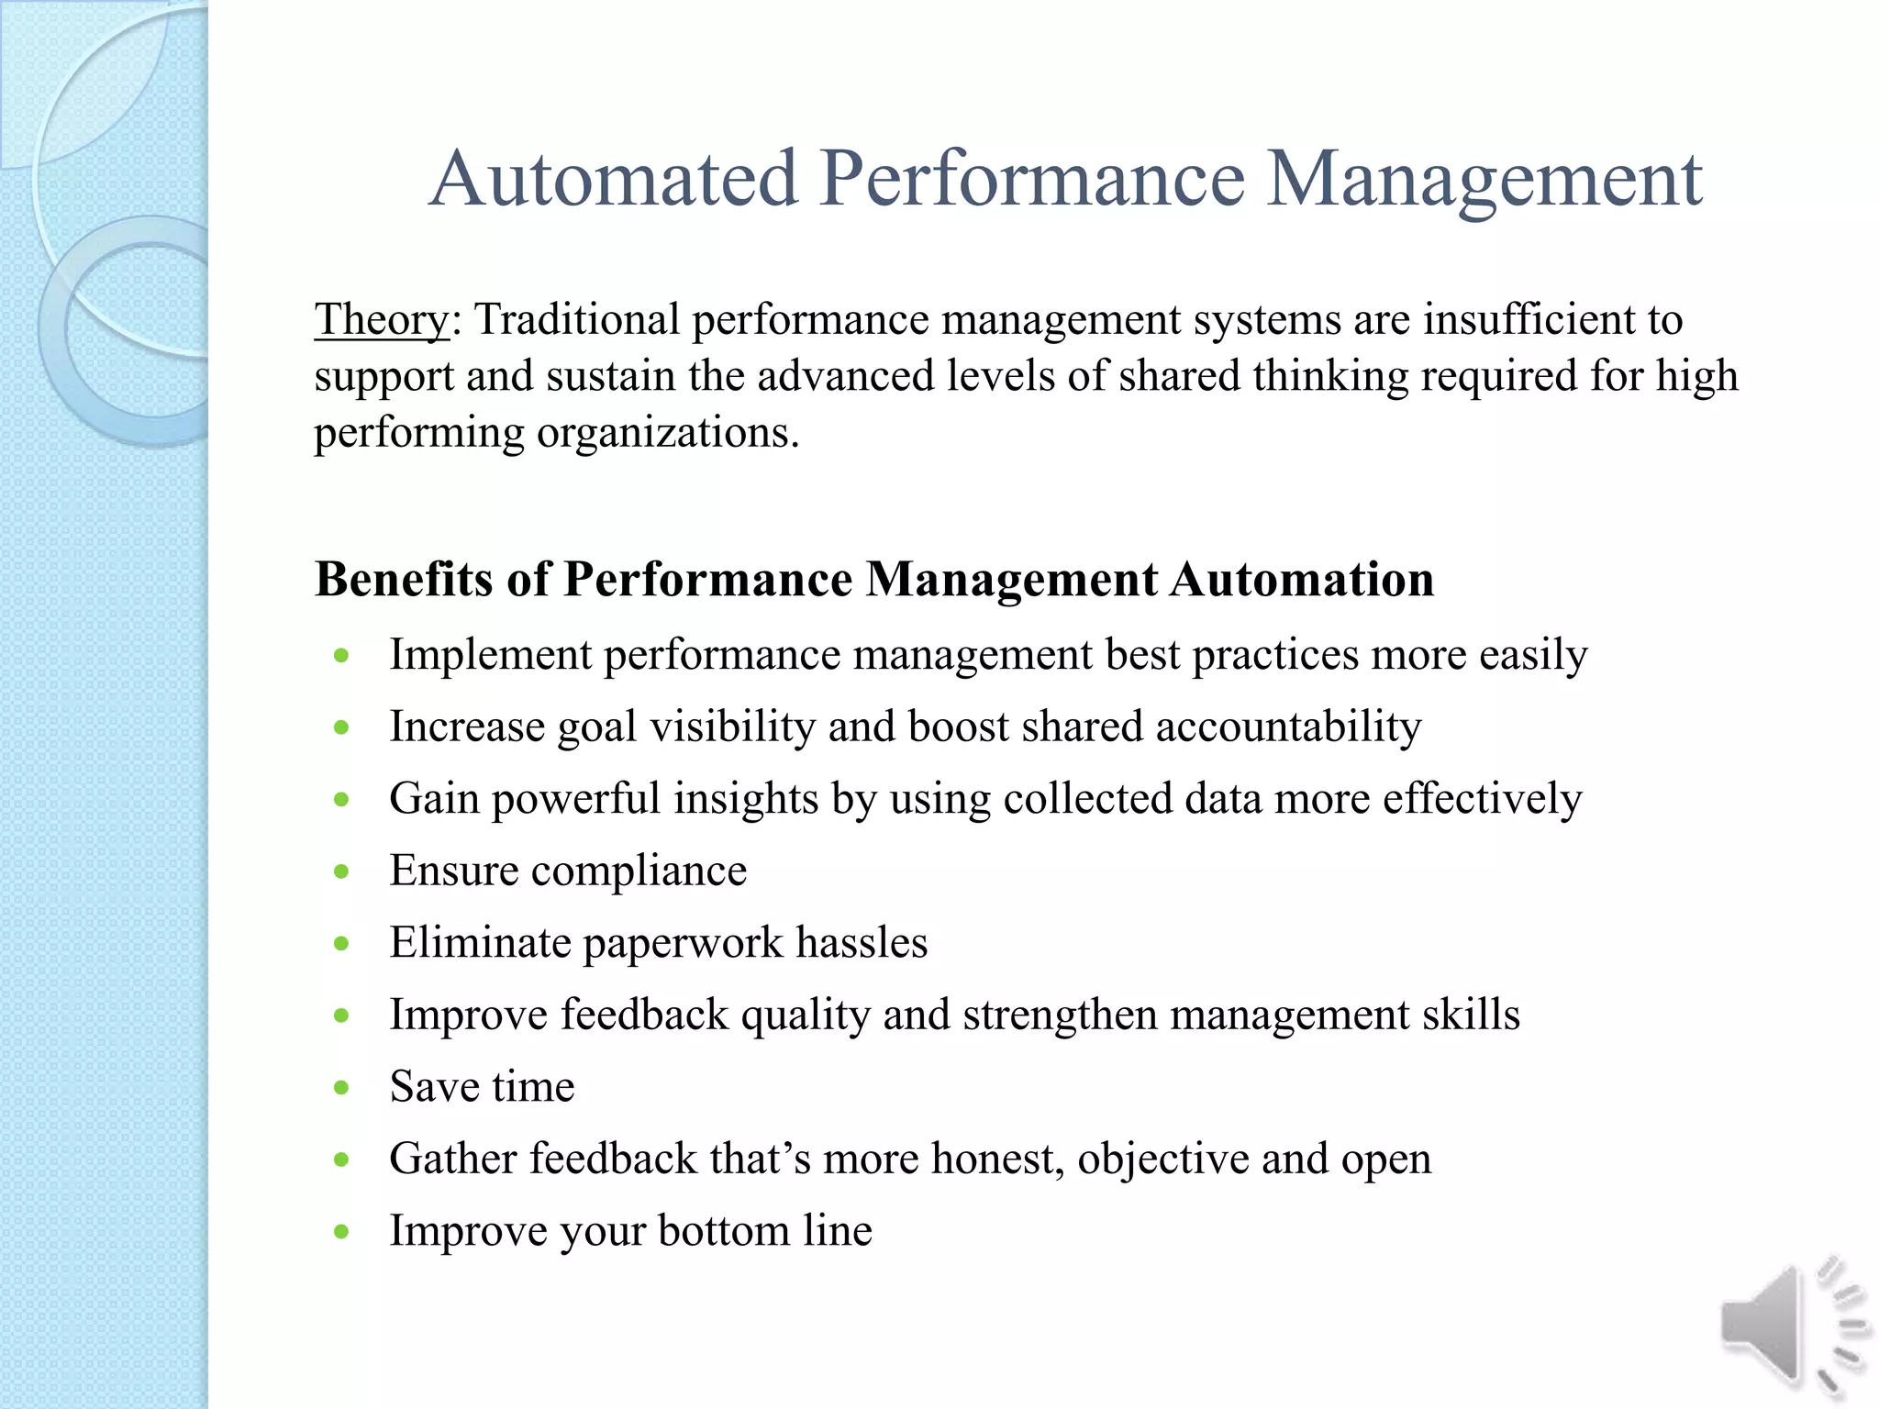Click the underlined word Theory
point(382,320)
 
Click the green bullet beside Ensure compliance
point(342,871)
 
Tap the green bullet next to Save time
point(342,1088)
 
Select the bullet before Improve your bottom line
point(342,1232)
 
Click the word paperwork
point(683,944)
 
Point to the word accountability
point(1288,727)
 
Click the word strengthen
point(1060,1015)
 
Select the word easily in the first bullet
point(1533,656)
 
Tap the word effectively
point(1482,798)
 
